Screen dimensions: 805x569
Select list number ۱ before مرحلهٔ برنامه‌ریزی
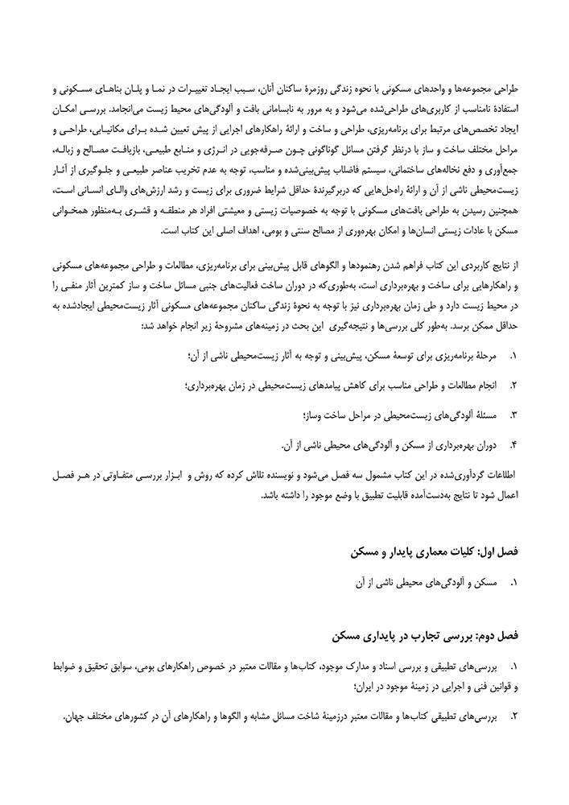(513, 356)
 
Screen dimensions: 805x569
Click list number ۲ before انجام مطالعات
(513, 386)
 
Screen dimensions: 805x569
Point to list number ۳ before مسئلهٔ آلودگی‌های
(513, 415)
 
